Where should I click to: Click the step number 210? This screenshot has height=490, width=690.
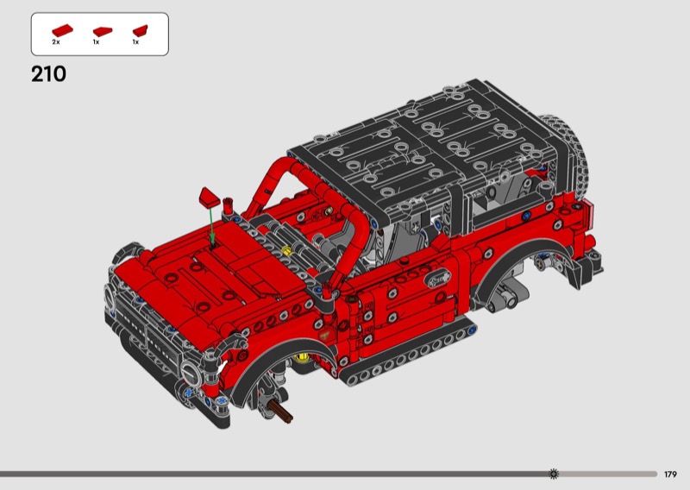pos(48,74)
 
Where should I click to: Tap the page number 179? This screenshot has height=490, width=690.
pos(670,474)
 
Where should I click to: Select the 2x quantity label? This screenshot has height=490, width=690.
pos(56,42)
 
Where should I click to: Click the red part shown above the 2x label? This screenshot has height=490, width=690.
pos(62,30)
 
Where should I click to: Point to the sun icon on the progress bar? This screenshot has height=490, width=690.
pos(554,474)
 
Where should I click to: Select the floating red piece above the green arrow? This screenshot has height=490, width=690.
pos(210,197)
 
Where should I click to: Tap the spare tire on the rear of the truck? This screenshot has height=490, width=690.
pos(567,150)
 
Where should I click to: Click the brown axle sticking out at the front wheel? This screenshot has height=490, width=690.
pos(281,411)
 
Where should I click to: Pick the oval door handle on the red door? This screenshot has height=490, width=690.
pos(437,279)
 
